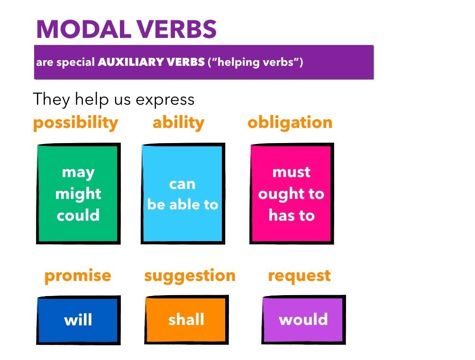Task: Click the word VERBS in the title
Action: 176,29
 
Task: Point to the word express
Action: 165,100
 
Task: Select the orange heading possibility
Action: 75,123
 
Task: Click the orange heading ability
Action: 178,123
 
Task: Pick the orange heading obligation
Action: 290,123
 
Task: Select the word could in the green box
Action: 78,215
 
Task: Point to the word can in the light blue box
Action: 183,184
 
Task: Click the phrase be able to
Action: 183,204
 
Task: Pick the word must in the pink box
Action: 292,172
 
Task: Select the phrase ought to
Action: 291,194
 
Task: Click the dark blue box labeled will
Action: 79,320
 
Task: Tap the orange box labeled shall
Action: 186,319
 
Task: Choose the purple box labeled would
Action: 303,319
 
